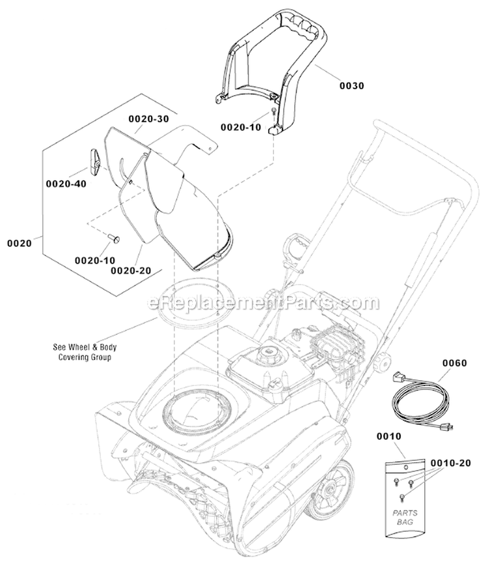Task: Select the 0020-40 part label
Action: (66, 184)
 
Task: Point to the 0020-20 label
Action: (126, 270)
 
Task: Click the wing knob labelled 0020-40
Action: (94, 160)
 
